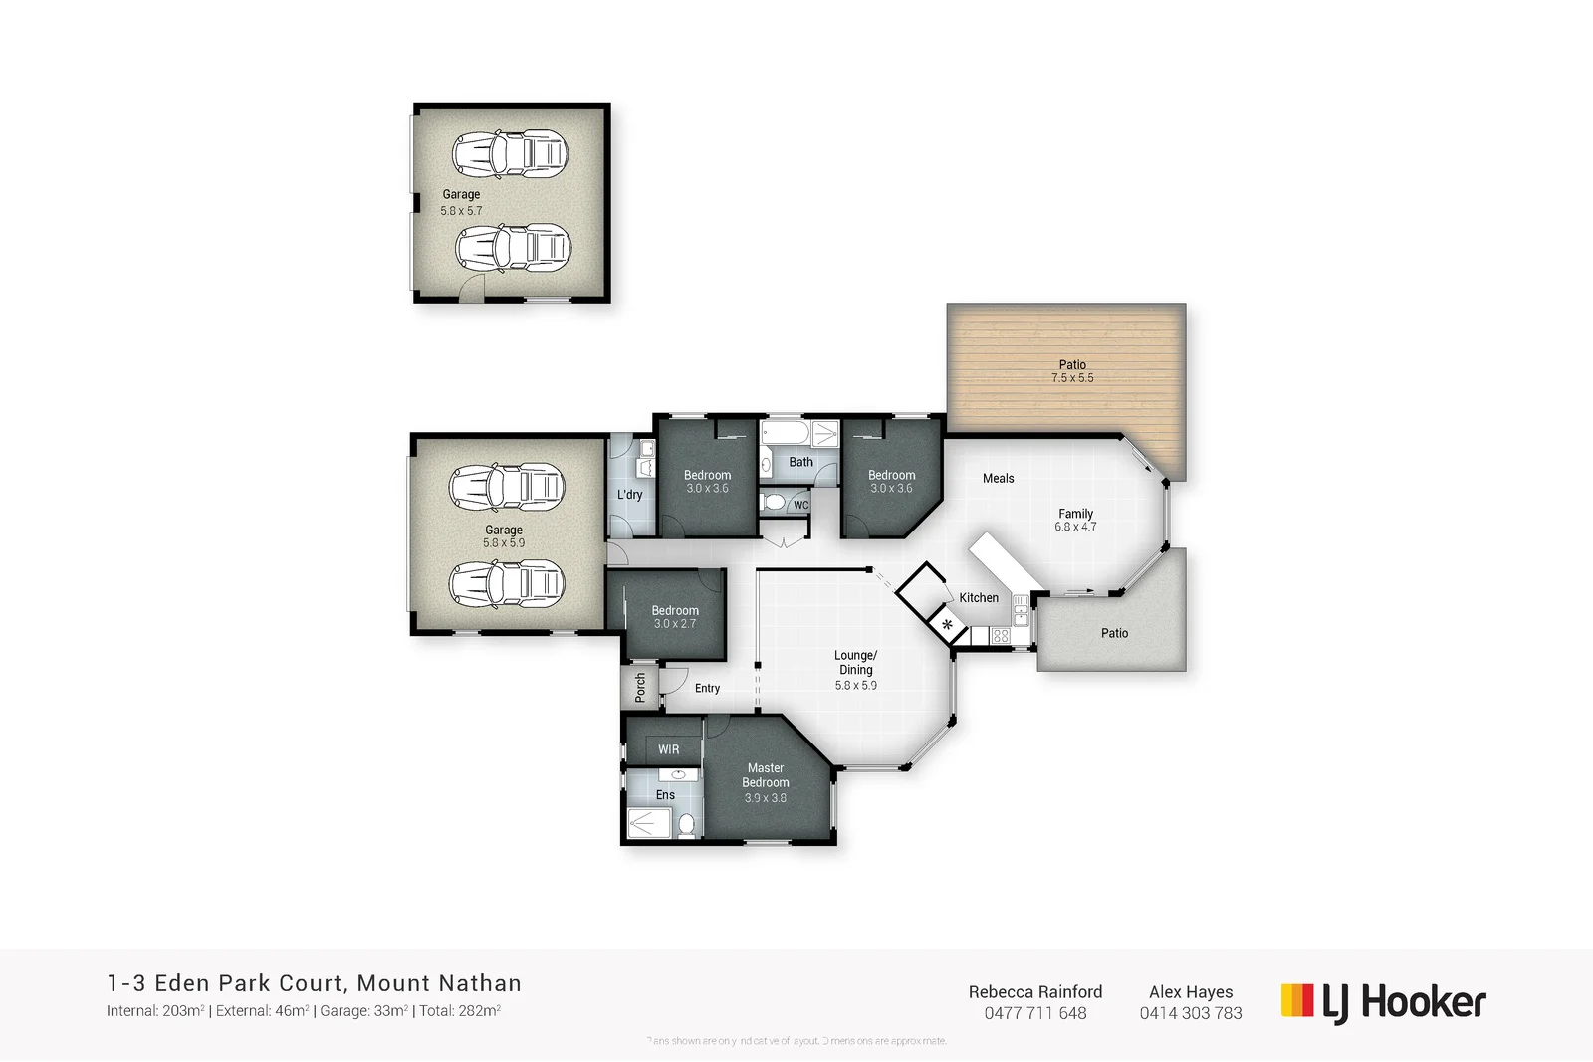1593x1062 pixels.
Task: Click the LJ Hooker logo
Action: [x=1383, y=1002]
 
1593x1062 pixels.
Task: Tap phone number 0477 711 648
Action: [x=1035, y=1013]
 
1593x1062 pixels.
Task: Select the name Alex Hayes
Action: [x=1191, y=992]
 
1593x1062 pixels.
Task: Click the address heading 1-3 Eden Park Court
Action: [x=314, y=983]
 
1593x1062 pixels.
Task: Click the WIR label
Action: [x=669, y=749]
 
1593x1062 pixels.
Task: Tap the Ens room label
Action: [x=665, y=795]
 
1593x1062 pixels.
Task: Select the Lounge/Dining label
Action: [x=855, y=662]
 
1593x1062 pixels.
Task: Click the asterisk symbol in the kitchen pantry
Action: [x=947, y=625]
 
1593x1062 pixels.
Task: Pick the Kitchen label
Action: [x=979, y=598]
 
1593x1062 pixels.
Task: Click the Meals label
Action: [x=998, y=479]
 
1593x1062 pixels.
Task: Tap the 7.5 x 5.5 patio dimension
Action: [x=1072, y=378]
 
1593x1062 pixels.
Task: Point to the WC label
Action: [x=801, y=505]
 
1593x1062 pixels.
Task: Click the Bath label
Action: [x=800, y=462]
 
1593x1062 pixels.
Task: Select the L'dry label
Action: [x=629, y=495]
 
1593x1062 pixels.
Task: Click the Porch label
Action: [x=640, y=686]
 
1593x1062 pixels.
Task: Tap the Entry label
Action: [x=707, y=688]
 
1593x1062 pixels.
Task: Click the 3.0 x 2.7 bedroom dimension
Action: [x=675, y=624]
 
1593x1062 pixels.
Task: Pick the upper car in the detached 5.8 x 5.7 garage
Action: [x=510, y=154]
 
